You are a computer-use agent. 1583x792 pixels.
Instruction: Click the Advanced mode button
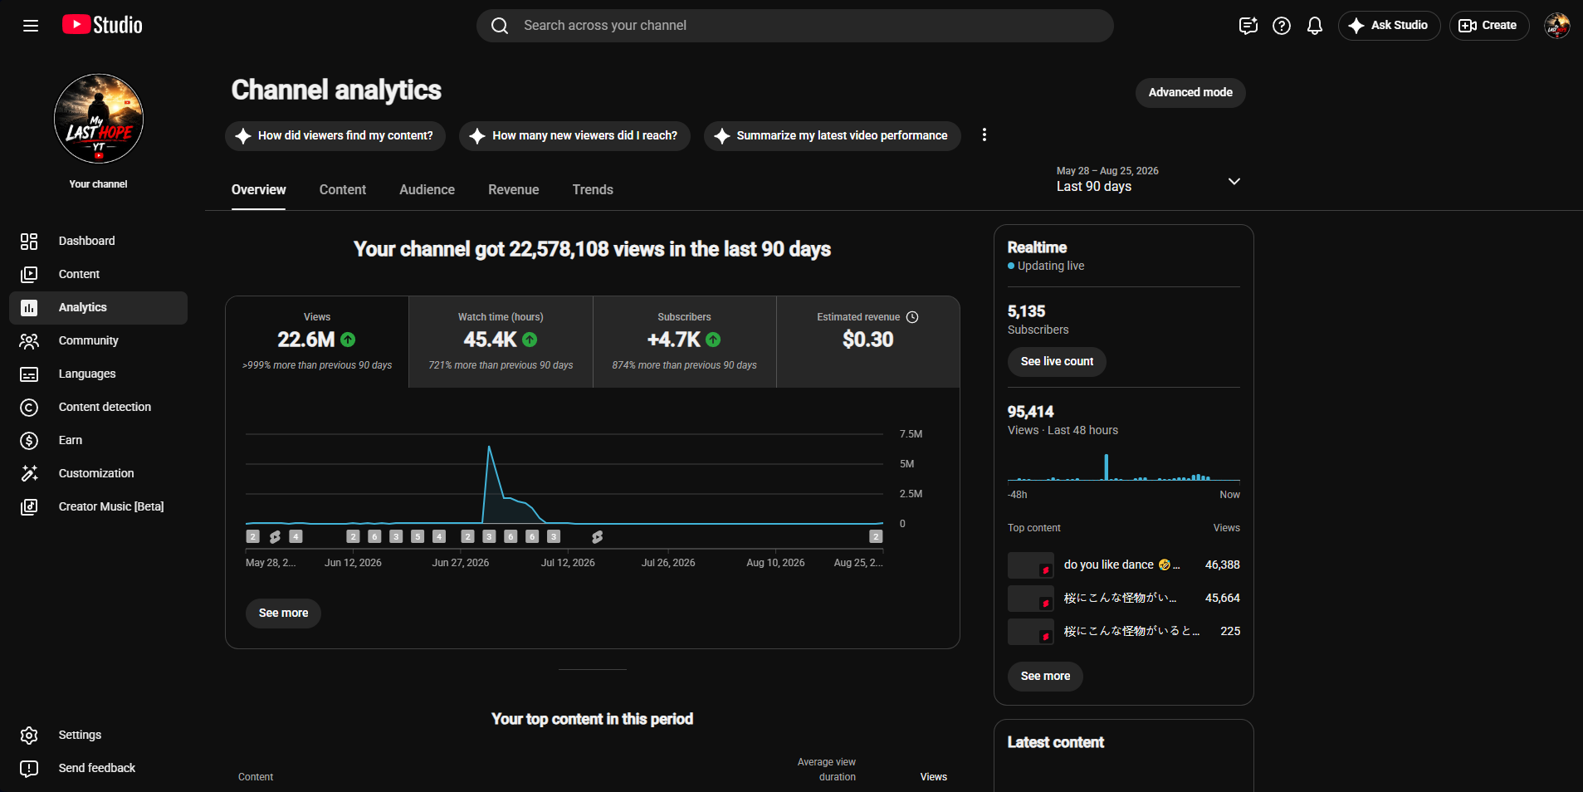pos(1190,92)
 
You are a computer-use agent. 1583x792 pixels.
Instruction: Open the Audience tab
pos(427,189)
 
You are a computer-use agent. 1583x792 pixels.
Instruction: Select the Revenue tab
pos(513,189)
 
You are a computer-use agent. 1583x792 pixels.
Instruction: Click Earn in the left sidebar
pos(71,440)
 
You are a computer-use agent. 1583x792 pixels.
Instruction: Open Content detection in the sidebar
pos(105,407)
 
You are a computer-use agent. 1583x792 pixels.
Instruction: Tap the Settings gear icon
pos(29,735)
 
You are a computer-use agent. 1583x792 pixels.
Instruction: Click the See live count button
pos(1057,361)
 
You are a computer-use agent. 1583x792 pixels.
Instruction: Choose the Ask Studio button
pos(1389,26)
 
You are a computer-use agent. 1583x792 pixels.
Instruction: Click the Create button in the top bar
pos(1488,26)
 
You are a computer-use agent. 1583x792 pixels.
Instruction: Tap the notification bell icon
pos(1315,26)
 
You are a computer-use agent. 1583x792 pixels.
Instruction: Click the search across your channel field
pos(794,26)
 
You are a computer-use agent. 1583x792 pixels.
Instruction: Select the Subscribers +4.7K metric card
pos(684,341)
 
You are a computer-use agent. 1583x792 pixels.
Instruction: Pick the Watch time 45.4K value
pos(491,340)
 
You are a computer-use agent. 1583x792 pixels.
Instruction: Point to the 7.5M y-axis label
pos(911,434)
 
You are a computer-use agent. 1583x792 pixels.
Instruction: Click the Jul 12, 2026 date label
pos(568,563)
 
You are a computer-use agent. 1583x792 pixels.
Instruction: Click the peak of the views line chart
pos(489,447)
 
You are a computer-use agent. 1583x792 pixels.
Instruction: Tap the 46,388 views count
pos(1222,565)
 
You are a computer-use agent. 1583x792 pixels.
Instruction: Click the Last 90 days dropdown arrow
pos(1234,181)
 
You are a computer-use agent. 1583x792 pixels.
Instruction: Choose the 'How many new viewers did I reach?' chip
pos(574,135)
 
